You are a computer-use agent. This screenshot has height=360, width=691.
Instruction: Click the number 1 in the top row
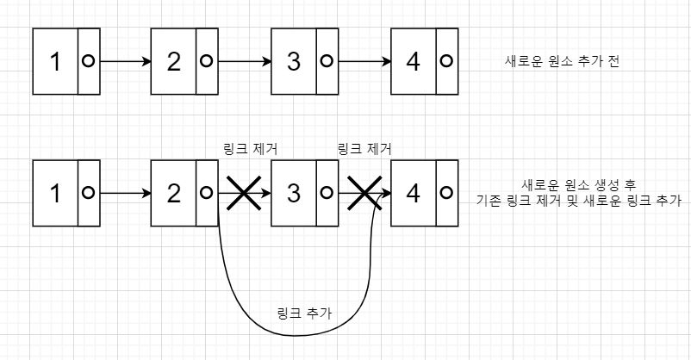coord(55,62)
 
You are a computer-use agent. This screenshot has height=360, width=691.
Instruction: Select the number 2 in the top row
coord(175,62)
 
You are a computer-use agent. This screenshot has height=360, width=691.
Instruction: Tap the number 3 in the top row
coord(294,62)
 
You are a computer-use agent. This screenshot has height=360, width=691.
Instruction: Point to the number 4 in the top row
coord(414,62)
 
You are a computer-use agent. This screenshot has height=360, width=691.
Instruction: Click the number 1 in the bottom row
coord(55,193)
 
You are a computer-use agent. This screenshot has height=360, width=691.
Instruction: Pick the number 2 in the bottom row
coord(175,193)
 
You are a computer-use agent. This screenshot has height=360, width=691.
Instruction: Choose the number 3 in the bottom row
coord(294,193)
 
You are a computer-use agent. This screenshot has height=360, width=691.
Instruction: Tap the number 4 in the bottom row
coord(414,193)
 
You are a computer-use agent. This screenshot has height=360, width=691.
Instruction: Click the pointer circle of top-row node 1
coord(87,62)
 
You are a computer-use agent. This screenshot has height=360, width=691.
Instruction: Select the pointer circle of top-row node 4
coord(446,62)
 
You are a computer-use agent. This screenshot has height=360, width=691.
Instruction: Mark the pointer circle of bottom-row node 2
coord(207,193)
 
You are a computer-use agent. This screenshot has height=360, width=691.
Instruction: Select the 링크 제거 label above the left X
coord(249,149)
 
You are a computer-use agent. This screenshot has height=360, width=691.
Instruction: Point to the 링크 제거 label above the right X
coord(365,149)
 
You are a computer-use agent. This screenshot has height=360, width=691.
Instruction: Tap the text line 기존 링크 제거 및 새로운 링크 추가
coord(578,202)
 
